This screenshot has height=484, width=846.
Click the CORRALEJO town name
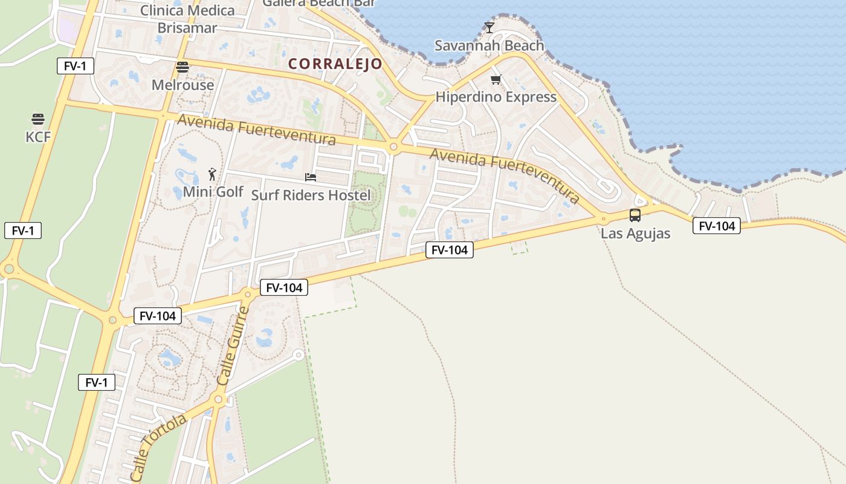click(x=335, y=64)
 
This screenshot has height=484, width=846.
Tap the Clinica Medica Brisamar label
click(x=187, y=19)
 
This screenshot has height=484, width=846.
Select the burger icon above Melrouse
click(x=182, y=67)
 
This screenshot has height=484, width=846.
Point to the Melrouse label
click(x=182, y=85)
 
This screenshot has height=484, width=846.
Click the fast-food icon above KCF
click(x=38, y=119)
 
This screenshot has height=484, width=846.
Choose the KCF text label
click(x=38, y=137)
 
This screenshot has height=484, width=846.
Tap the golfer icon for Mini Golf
click(x=212, y=175)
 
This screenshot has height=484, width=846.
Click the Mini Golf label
click(x=213, y=192)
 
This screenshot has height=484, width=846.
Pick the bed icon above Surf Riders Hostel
click(x=311, y=177)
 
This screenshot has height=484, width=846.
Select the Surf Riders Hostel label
click(x=311, y=195)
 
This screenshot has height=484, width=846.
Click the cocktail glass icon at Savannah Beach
click(x=489, y=28)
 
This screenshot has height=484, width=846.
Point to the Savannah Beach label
click(x=489, y=45)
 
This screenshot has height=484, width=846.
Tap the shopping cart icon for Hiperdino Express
click(x=496, y=79)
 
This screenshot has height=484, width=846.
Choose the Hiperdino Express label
click(x=496, y=97)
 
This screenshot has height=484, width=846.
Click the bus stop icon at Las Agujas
click(x=635, y=215)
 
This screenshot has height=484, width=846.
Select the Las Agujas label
click(x=635, y=234)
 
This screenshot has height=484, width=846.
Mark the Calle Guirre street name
click(x=233, y=346)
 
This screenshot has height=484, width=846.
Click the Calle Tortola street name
click(x=158, y=448)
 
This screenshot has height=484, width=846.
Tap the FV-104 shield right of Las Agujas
click(x=716, y=226)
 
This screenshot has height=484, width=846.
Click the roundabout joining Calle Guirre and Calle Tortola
click(x=218, y=399)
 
